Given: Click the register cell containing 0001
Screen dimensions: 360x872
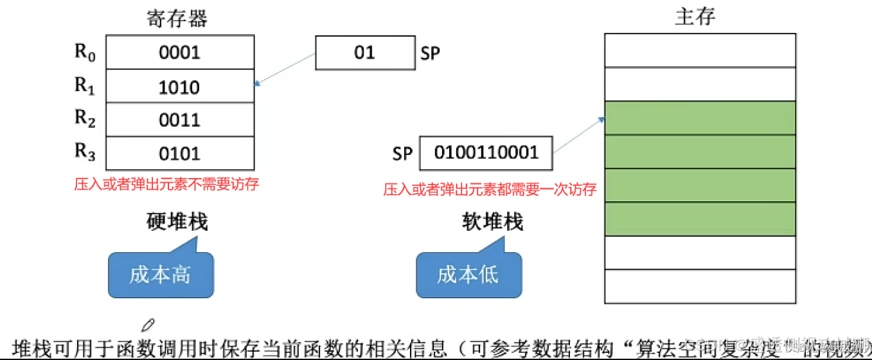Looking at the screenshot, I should tap(180, 53).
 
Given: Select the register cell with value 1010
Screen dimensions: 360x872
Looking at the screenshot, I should tap(180, 86).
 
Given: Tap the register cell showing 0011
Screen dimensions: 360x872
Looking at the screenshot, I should tap(180, 120).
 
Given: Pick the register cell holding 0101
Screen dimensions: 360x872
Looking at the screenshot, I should tap(180, 153).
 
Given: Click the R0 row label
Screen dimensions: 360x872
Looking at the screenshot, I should tap(85, 52).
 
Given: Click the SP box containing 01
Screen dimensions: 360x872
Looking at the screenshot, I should tap(364, 53).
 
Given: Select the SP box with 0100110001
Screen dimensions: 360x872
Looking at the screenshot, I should tap(486, 153).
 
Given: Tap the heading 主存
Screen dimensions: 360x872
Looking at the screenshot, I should tap(695, 17).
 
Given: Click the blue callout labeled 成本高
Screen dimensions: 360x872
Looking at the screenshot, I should tap(160, 274).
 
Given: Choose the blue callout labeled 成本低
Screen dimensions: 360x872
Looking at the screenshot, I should tap(468, 274).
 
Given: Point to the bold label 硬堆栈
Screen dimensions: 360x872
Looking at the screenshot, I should tap(177, 222).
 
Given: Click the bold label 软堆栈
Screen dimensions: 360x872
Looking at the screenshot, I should tap(493, 222).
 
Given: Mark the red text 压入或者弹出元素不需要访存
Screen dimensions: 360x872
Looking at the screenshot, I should tap(166, 184).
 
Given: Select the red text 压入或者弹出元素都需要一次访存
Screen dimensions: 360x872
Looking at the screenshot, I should tap(490, 189).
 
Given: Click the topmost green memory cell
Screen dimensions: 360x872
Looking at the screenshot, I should tap(700, 118).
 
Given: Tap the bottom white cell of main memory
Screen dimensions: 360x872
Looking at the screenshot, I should tap(700, 287).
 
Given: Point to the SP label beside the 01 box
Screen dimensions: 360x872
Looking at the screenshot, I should tap(430, 53).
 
